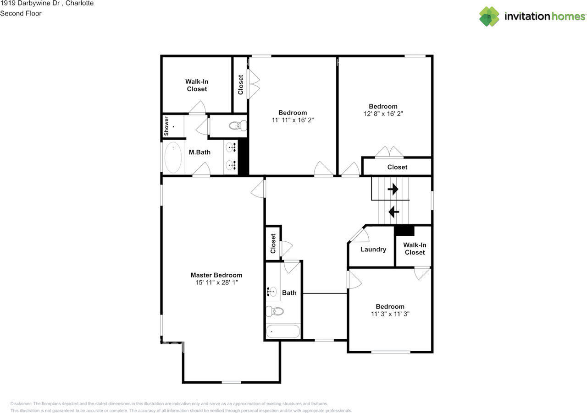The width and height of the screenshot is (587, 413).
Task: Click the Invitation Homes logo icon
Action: pos(489,16)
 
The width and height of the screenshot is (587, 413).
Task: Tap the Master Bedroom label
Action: pos(216,275)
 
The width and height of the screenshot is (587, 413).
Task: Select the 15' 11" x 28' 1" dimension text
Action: pos(216,283)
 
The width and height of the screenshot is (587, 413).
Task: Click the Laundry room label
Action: pos(373,250)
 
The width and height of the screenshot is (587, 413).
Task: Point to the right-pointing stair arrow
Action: pos(393,189)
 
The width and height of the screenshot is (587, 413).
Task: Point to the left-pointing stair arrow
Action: pos(393,212)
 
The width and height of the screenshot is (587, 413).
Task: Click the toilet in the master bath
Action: pos(238,125)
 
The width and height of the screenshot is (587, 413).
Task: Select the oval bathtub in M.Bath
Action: pos(173,158)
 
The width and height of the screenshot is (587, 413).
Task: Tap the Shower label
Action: pos(166,126)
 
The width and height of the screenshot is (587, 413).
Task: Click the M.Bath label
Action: pos(199,152)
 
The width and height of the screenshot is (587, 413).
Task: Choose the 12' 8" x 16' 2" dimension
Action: pos(383,114)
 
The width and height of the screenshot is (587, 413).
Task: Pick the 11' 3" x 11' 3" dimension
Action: pos(390,314)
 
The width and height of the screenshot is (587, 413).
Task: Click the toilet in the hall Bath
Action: pos(275,311)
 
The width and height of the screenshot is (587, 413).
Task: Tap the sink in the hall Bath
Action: pos(272,292)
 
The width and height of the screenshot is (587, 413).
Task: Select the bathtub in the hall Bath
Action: pos(283,331)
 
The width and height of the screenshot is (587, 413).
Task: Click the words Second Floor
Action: pos(21,13)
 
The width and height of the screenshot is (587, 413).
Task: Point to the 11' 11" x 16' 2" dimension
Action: pos(293,120)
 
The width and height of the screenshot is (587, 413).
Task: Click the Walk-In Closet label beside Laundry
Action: pos(415,249)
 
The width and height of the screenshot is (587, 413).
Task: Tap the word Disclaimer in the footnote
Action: pos(21,403)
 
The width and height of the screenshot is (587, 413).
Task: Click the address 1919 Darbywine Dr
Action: pos(30,3)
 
